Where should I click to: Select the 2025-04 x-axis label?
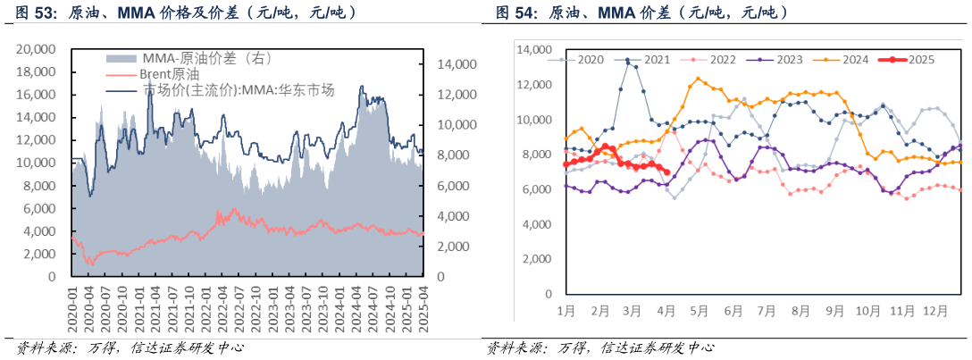click(x=423, y=309)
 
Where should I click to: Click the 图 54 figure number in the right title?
click(x=515, y=13)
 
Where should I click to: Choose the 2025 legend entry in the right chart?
click(x=920, y=60)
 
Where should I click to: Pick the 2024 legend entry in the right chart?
click(x=854, y=60)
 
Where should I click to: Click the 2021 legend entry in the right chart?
click(x=655, y=60)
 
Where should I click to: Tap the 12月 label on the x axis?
click(x=935, y=311)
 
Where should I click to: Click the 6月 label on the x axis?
click(x=733, y=311)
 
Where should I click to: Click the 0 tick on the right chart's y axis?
click(x=547, y=294)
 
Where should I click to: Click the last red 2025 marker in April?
click(x=666, y=173)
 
